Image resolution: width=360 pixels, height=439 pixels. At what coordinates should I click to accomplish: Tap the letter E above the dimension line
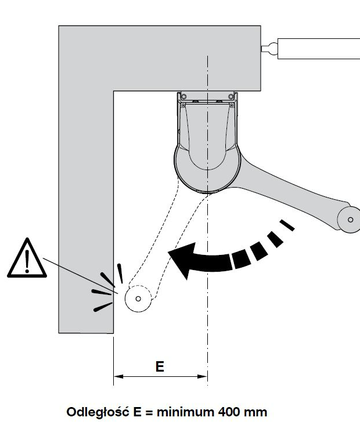coord(160,367)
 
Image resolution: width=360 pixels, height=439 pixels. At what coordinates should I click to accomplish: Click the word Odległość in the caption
coord(96,413)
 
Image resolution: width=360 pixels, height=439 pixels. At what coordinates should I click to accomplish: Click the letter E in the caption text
coord(134,413)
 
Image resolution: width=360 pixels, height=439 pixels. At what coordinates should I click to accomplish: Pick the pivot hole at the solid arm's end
coord(350,219)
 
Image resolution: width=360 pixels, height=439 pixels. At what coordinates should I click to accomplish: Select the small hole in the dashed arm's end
coord(138,299)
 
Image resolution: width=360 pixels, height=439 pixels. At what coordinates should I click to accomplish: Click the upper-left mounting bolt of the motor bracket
coord(182,95)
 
